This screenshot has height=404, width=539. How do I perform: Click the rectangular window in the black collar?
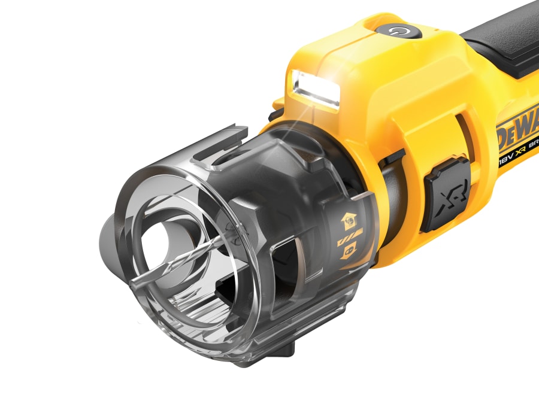294,263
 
